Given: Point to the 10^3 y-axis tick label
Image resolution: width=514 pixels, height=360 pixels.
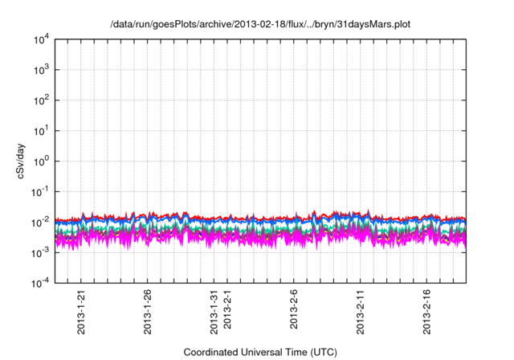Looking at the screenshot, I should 39,70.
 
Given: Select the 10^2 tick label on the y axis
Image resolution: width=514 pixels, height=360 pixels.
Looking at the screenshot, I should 39,100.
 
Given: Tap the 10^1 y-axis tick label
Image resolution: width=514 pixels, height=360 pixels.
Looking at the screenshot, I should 39,130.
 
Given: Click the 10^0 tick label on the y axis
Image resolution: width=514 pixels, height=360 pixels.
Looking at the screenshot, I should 39,161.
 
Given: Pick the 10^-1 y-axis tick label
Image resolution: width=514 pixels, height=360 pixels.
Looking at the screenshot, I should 39,191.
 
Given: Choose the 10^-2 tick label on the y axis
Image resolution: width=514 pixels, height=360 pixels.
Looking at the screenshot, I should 39,221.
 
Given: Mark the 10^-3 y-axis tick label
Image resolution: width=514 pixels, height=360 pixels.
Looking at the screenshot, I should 39,252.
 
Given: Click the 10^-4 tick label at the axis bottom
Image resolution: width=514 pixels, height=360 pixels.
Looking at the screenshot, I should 39,282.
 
